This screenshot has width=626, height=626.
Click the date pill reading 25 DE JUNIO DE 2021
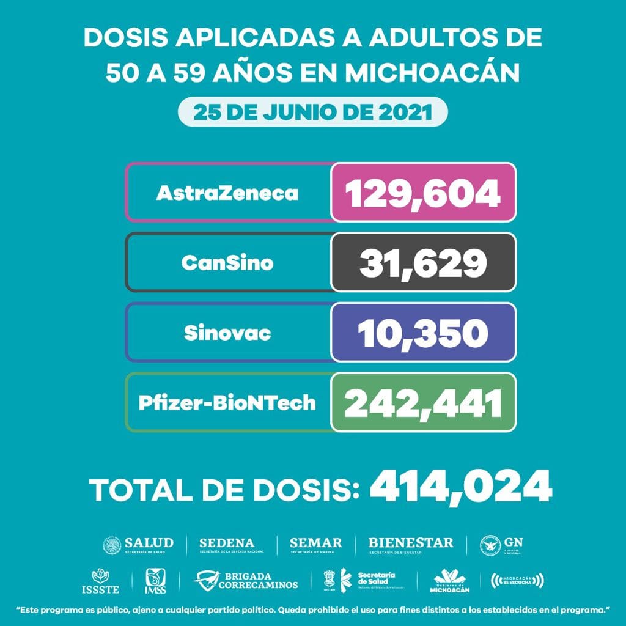[312, 113]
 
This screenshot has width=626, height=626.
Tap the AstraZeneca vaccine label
[227, 193]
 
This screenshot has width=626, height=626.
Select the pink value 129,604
[423, 193]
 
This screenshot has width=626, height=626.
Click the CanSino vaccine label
[227, 263]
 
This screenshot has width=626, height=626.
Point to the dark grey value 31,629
[423, 263]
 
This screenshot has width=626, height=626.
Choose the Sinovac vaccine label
[227, 333]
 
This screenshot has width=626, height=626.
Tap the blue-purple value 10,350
[423, 333]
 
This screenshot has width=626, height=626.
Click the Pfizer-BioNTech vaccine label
[227, 403]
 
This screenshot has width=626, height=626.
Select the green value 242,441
[423, 403]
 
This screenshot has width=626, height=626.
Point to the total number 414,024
[461, 487]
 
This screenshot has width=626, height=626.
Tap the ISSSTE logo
[100, 581]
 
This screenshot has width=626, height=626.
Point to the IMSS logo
[155, 581]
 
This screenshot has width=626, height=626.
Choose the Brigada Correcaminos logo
[246, 581]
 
